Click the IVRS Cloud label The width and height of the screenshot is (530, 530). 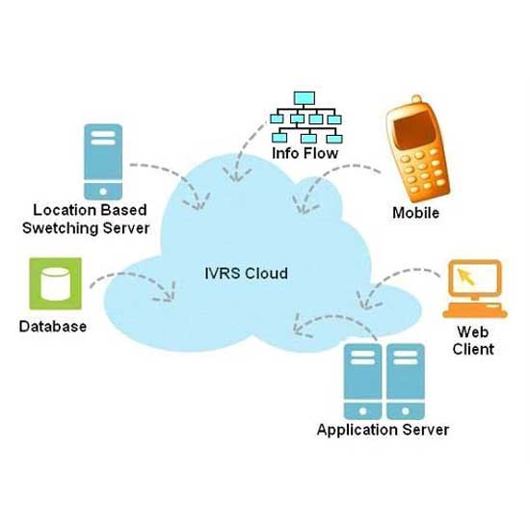point(246,273)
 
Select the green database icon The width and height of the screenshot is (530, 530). point(56,283)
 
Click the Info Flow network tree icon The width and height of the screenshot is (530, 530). point(306,118)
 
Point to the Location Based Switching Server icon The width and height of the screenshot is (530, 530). point(103,162)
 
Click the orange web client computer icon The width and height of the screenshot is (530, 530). point(474,289)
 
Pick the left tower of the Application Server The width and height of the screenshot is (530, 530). point(362,382)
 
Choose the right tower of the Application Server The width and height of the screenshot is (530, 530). point(406,382)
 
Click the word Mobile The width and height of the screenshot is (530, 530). point(415,213)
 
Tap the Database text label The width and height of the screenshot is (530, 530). point(53,327)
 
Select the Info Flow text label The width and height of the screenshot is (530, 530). point(305,153)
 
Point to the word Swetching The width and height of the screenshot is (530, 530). point(61,228)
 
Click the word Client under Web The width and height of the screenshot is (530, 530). point(473,349)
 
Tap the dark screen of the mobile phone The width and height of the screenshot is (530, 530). point(415,130)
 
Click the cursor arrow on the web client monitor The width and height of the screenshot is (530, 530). point(465,277)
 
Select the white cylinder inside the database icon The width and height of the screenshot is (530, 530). point(56,284)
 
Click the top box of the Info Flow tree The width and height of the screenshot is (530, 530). point(305,98)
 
